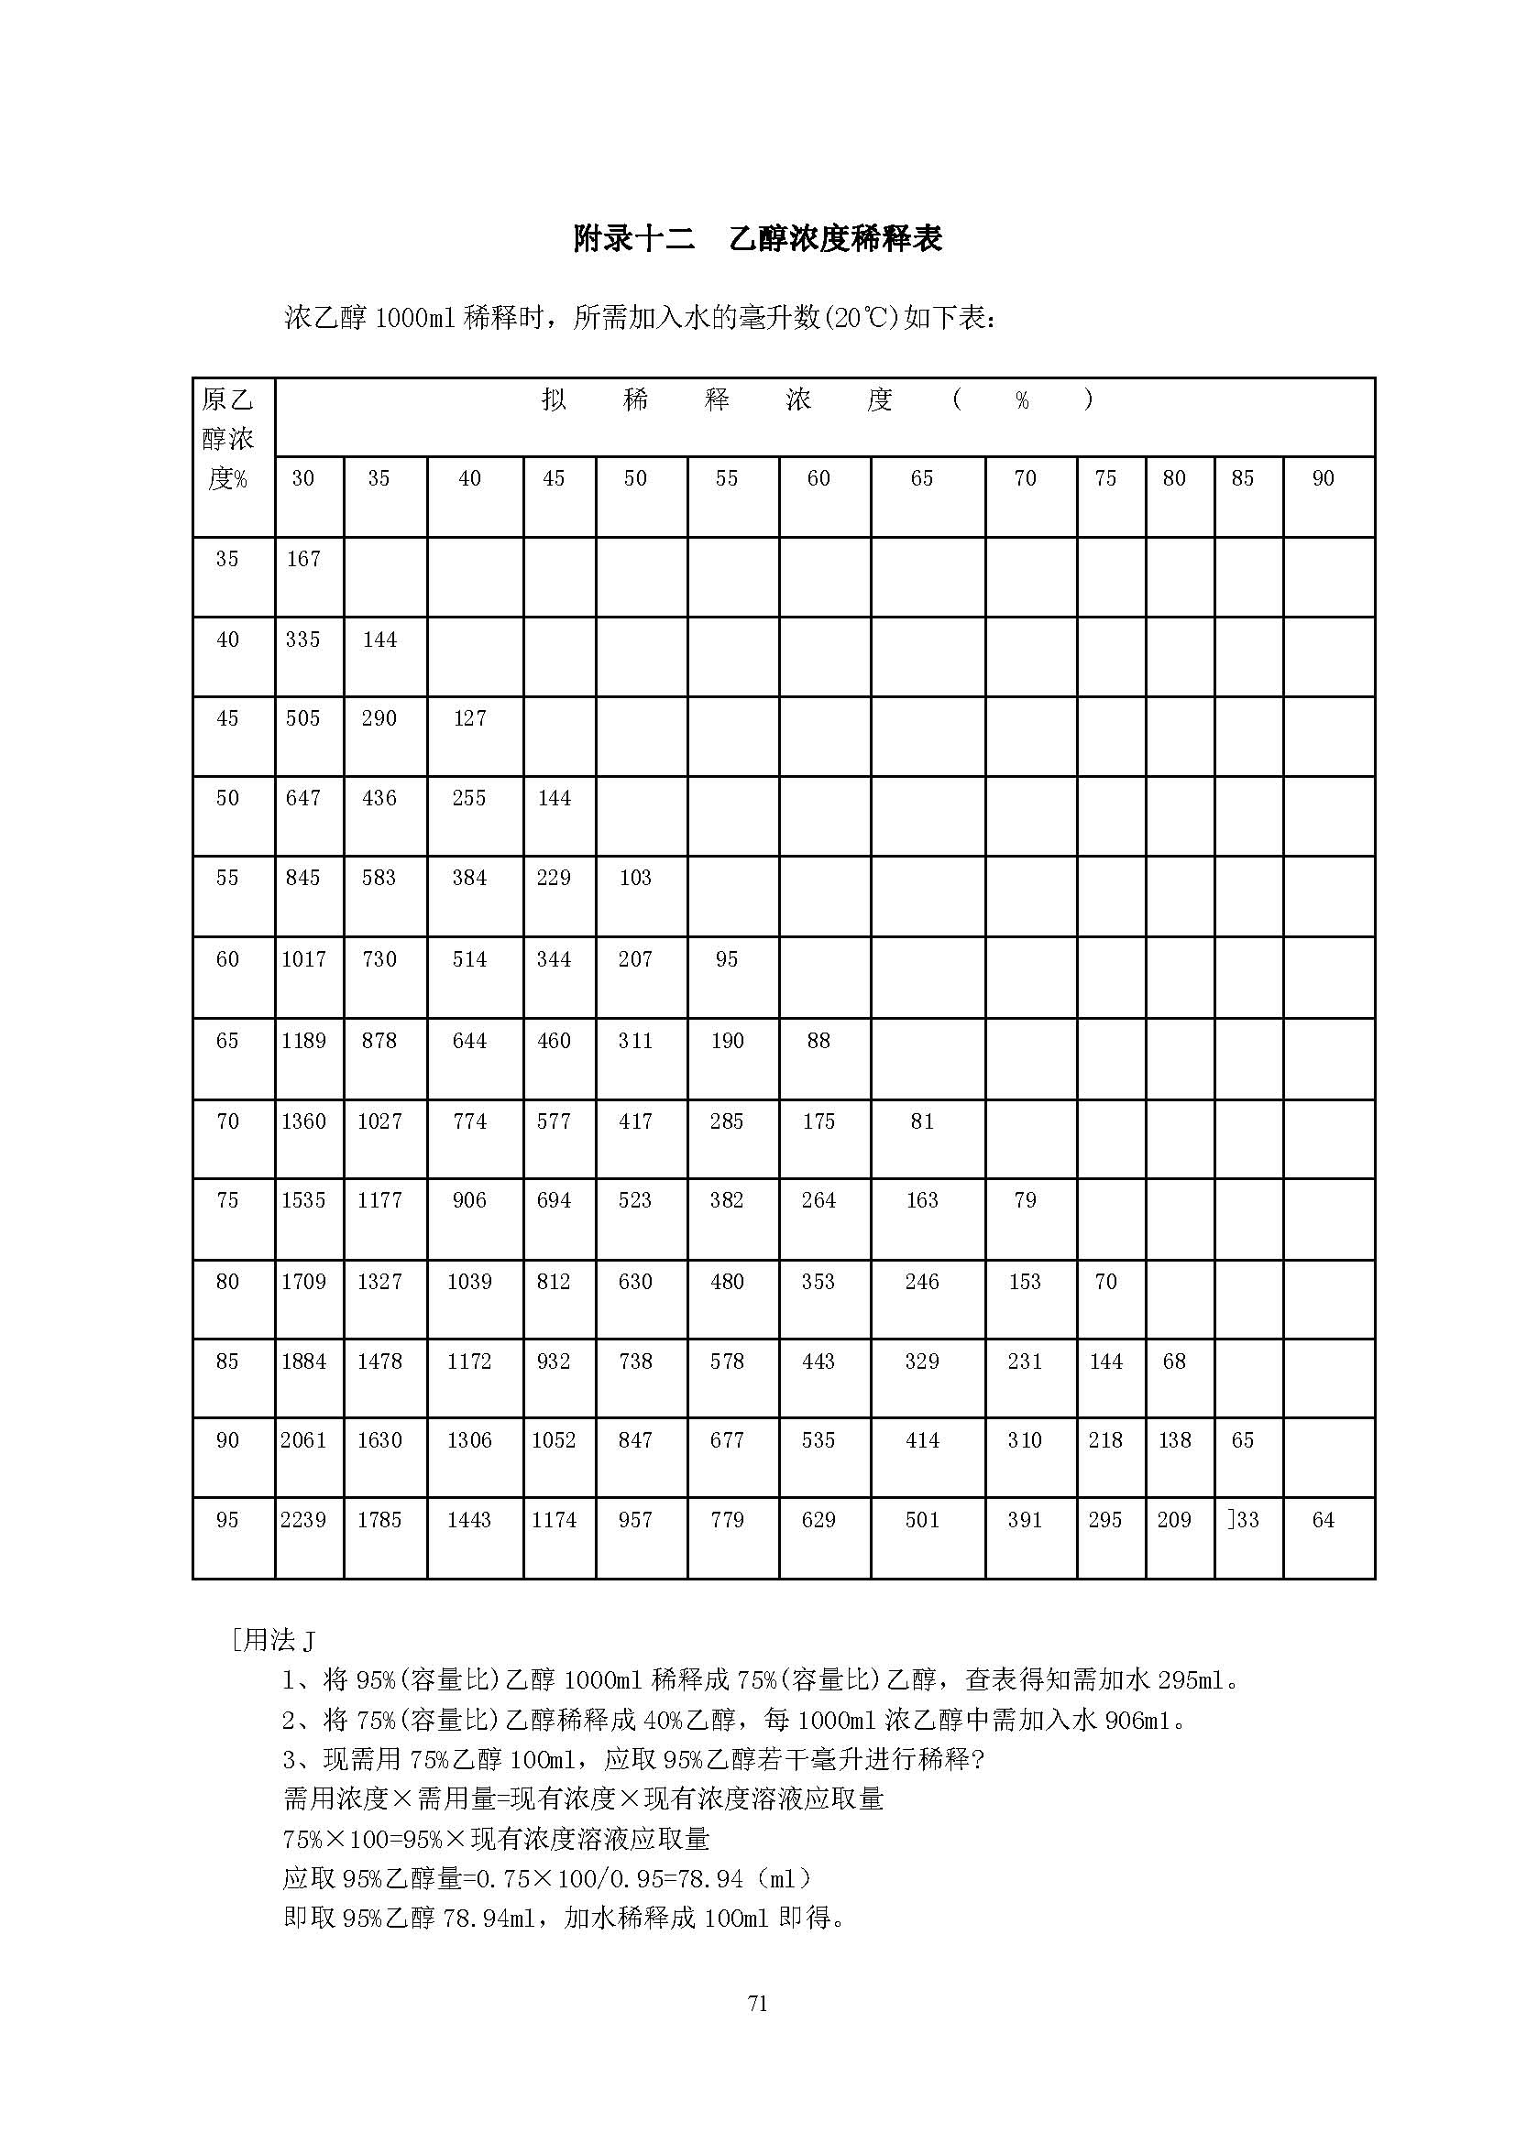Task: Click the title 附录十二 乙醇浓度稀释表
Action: coord(757,240)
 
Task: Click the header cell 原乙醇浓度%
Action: coord(228,439)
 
